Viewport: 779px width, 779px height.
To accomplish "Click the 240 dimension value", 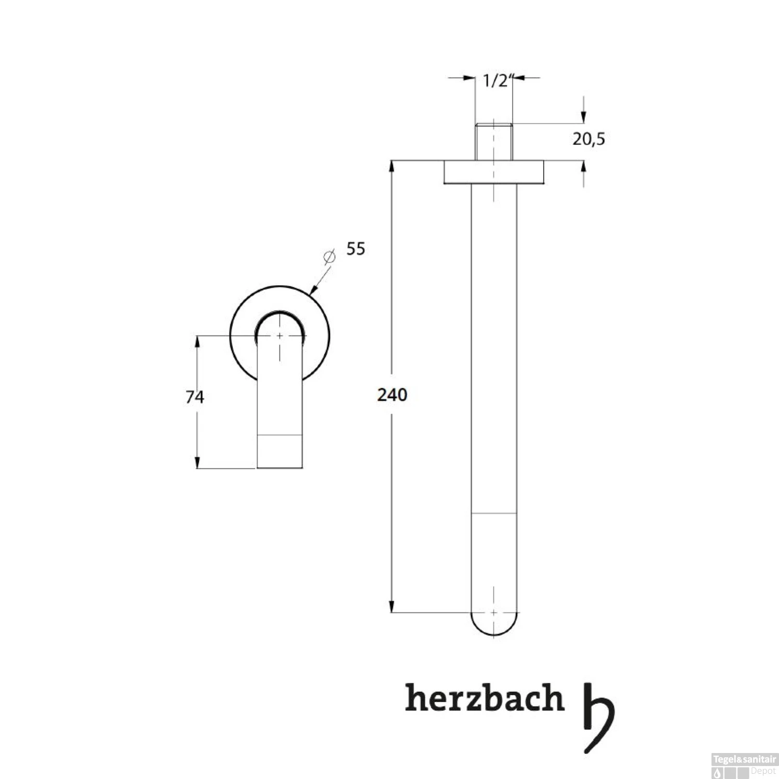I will (x=392, y=395).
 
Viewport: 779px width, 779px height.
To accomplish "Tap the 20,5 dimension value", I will (x=589, y=139).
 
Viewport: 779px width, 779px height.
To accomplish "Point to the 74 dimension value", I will (x=195, y=397).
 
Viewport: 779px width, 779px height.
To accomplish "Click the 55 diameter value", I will (x=356, y=249).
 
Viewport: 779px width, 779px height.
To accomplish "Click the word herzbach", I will (x=484, y=699).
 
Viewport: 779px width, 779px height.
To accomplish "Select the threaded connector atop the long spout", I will (x=494, y=141).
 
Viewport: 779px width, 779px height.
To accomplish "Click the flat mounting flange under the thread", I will (x=494, y=172).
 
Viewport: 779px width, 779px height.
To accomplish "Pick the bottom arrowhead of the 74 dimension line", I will (x=197, y=463).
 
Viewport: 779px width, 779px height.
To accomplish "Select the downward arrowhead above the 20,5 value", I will (x=584, y=118).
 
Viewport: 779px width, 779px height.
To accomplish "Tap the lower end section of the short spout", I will (x=279, y=451).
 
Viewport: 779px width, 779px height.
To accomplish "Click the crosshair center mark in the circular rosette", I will (x=280, y=336).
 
